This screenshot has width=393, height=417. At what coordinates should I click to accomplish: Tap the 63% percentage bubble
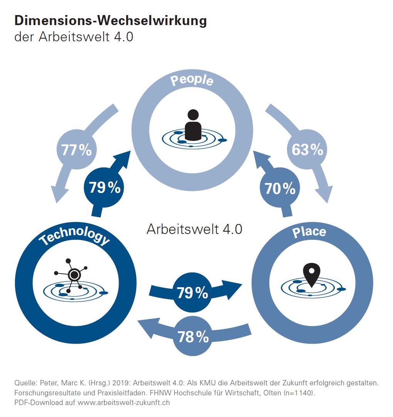[x=307, y=149]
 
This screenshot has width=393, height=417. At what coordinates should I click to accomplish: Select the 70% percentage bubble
[x=280, y=188]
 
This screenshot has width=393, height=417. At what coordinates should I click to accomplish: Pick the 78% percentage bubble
[x=193, y=337]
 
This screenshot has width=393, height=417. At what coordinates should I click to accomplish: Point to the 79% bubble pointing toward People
[x=104, y=187]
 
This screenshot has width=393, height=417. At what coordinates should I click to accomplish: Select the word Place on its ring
[x=309, y=232]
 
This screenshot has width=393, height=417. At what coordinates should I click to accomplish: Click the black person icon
[x=193, y=125]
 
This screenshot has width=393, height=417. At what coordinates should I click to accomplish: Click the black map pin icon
[x=311, y=275]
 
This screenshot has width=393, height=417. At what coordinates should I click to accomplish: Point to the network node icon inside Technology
[x=73, y=275]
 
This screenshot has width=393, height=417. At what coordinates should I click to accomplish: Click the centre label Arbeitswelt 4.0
[x=194, y=229]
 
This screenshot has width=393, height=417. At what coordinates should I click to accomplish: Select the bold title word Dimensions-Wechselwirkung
[x=111, y=20]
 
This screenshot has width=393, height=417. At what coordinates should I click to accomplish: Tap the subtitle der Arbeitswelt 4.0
[x=74, y=37]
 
